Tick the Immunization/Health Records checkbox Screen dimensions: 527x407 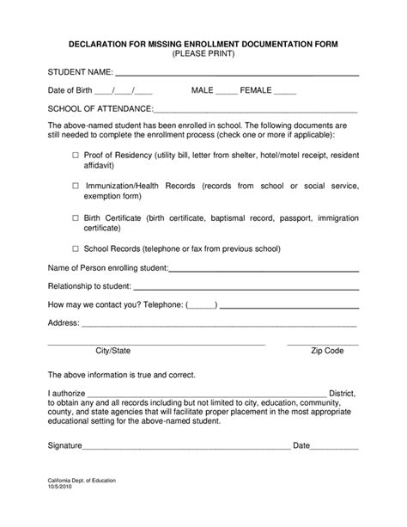[x=75, y=186]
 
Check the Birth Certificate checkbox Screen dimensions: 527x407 [x=75, y=218]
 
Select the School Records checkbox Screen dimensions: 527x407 [x=75, y=249]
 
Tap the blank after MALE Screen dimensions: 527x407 [x=226, y=92]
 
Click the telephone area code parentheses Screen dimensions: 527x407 [x=201, y=305]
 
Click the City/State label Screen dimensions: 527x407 [x=112, y=351]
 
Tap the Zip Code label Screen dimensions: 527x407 [x=326, y=351]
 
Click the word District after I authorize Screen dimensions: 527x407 [x=343, y=393]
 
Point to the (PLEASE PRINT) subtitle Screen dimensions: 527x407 [x=203, y=54]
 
